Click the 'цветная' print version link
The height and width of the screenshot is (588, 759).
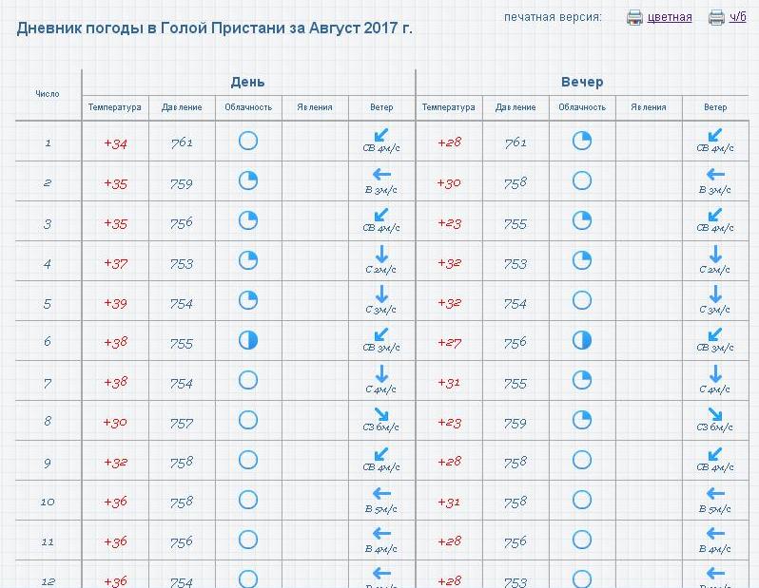point(670,17)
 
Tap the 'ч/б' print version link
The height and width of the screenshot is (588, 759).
point(738,17)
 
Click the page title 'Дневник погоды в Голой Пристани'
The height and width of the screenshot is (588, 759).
point(215,28)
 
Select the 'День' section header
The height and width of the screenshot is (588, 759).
point(248,82)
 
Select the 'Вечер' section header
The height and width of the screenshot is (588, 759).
point(582,82)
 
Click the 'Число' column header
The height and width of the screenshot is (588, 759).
point(48,94)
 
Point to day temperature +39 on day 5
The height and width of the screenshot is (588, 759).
point(115,303)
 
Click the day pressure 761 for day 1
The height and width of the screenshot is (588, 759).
point(182,143)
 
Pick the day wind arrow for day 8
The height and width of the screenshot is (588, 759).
point(381,414)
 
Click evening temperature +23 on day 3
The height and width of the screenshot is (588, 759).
point(449,223)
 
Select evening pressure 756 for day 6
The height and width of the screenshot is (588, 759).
point(516,343)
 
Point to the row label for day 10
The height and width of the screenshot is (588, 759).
point(48,503)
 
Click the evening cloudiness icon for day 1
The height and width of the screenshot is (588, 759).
point(582,142)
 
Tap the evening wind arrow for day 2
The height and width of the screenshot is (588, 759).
point(715,175)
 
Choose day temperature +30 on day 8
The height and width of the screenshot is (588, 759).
point(115,423)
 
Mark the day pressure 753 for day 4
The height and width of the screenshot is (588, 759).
point(182,263)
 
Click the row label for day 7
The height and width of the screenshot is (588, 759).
point(48,383)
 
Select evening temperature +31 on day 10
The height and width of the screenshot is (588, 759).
point(449,503)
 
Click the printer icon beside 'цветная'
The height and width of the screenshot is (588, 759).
point(634,17)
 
